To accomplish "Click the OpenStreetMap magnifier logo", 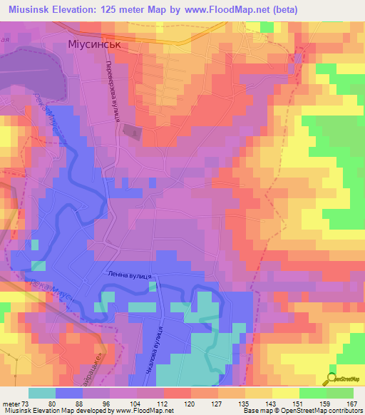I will (x=332, y=378).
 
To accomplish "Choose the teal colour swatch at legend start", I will (x=42, y=393).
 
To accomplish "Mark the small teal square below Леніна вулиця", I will (x=153, y=287).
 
